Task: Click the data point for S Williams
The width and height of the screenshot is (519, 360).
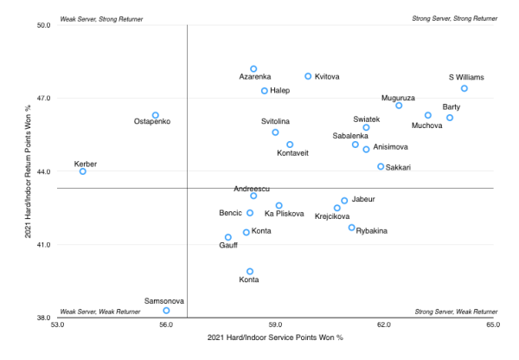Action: [465, 88]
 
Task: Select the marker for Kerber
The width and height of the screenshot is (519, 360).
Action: [83, 171]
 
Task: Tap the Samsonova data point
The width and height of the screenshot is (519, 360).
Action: [166, 310]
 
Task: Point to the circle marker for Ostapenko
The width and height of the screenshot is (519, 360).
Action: [156, 115]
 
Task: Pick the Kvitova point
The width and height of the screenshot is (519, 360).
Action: [308, 76]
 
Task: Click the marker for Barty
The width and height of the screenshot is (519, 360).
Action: [450, 118]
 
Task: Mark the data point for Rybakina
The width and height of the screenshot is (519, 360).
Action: [352, 228]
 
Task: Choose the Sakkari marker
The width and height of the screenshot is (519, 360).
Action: [381, 166]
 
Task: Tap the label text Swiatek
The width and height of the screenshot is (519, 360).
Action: [366, 119]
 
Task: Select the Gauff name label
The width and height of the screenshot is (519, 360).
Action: [228, 246]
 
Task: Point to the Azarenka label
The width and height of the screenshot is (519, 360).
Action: [255, 77]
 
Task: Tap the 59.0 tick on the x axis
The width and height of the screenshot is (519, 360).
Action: [275, 326]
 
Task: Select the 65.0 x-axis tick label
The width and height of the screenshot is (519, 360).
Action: [493, 326]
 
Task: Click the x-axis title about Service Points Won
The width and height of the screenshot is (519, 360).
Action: [275, 337]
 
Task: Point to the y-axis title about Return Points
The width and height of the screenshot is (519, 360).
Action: [29, 171]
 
